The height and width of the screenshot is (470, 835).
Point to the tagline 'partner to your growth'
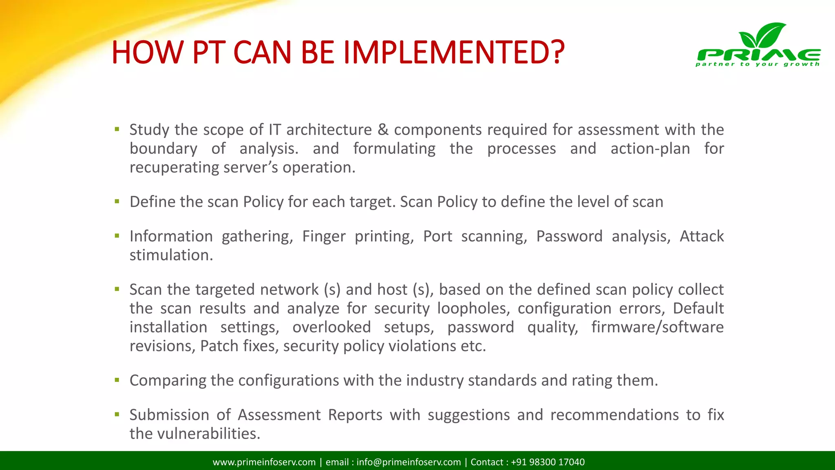(x=757, y=64)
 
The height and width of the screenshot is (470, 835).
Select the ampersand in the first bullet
(x=383, y=130)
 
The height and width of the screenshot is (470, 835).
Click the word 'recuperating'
(x=175, y=168)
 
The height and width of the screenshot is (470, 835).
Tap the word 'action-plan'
(x=650, y=149)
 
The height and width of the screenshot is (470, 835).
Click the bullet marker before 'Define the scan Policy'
(x=117, y=201)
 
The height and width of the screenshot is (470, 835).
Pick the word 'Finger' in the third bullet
(x=324, y=236)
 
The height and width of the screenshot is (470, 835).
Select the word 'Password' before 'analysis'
(x=569, y=236)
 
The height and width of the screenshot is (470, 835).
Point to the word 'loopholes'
(x=473, y=308)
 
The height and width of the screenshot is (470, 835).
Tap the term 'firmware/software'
(x=657, y=327)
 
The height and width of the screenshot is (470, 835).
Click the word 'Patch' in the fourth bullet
(x=219, y=346)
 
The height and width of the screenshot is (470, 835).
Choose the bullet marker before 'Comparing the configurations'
(x=117, y=380)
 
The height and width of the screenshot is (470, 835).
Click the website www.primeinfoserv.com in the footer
(x=264, y=462)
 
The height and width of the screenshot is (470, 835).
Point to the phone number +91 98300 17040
(x=548, y=462)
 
